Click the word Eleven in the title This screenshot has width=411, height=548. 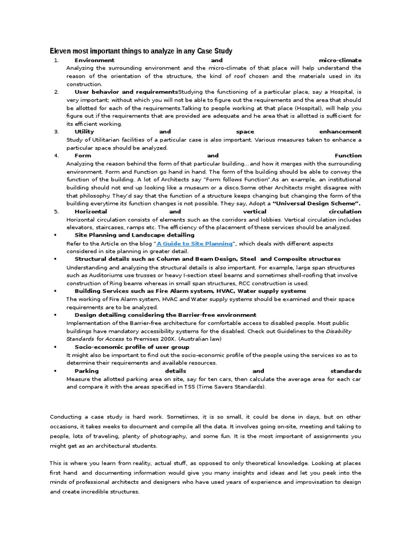tap(60, 51)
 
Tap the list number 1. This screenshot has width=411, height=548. tap(56, 60)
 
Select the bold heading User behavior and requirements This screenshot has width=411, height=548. tap(126, 92)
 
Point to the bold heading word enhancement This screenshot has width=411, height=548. tap(340, 132)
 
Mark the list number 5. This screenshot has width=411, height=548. tap(56, 212)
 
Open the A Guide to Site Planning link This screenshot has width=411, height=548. tap(195, 243)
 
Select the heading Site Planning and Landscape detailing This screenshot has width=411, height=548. tap(134, 235)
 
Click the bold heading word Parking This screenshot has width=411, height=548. tap(87, 371)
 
